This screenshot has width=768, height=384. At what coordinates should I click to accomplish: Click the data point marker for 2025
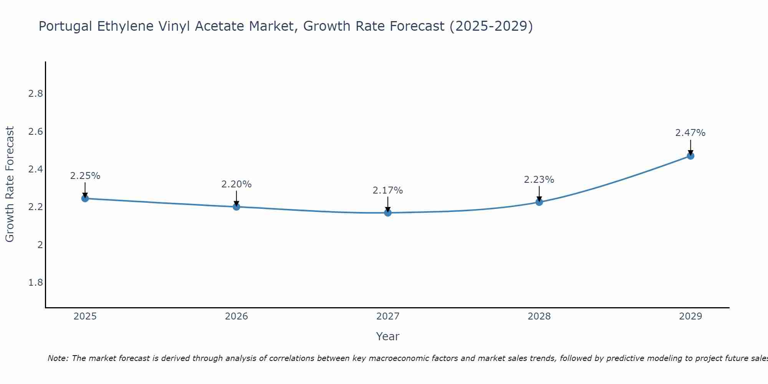pos(85,199)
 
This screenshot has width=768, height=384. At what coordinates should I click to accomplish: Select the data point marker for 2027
pos(388,213)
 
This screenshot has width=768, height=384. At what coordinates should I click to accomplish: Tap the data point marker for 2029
pos(690,156)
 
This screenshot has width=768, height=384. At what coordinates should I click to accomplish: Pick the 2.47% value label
pos(690,133)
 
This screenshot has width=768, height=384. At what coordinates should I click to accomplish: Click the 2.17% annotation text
pos(387,190)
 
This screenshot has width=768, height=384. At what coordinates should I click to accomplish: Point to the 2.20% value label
pos(236,184)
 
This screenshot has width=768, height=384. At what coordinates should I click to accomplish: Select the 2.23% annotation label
pos(539,180)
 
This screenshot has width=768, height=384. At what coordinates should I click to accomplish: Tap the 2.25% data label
pos(85,176)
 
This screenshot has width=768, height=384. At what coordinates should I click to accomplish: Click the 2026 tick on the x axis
pos(236,316)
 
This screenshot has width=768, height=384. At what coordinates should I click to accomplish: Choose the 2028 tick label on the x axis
pos(539,316)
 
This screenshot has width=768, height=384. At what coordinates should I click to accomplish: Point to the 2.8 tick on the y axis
pos(36,94)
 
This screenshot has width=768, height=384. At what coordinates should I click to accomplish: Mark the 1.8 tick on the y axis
pos(36,283)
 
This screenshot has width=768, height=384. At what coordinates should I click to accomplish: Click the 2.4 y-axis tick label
pos(36,169)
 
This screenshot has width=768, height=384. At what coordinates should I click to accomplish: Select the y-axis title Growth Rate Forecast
pos(10,184)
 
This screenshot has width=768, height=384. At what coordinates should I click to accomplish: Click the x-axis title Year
pos(387,336)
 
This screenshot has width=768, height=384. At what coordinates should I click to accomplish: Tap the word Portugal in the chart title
pos(65,26)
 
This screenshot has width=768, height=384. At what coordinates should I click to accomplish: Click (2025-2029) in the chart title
pos(491,26)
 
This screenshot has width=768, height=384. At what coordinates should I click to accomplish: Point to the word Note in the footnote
pos(57,358)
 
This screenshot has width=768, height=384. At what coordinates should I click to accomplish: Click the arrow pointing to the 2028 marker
pos(539,194)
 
